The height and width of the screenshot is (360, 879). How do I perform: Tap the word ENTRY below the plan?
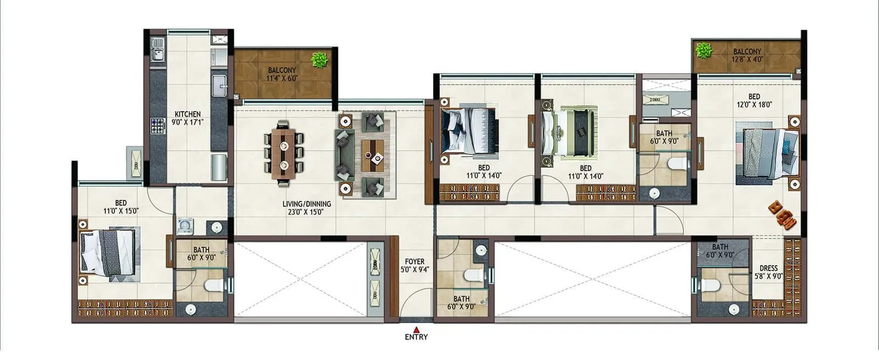(x=416, y=337)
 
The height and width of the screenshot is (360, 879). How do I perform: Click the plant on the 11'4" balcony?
(x=320, y=59)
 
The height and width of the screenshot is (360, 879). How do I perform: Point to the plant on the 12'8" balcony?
(x=703, y=51)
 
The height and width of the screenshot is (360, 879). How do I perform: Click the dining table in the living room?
(x=284, y=152)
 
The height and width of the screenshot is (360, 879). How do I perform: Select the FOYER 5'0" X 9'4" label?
(x=414, y=265)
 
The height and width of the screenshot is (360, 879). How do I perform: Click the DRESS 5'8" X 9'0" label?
(x=768, y=272)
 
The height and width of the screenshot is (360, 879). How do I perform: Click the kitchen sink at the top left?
(x=157, y=49)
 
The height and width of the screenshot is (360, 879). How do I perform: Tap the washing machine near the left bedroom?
(x=185, y=225)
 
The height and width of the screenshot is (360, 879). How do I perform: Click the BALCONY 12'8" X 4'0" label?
(x=747, y=55)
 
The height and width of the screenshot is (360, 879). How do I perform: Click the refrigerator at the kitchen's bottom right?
(x=219, y=167)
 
